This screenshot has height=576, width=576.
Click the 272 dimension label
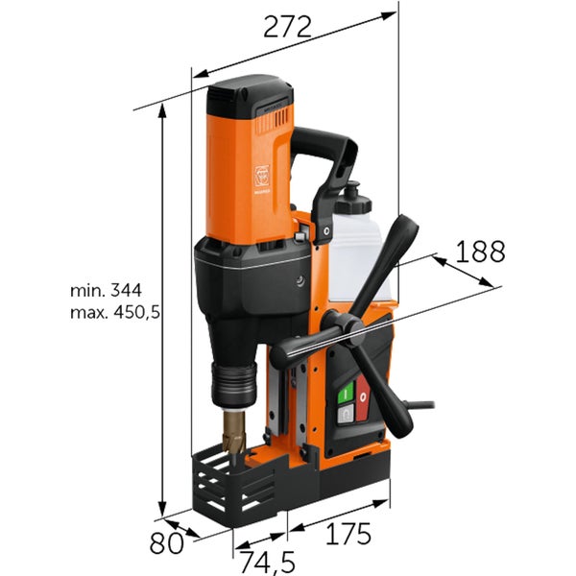pyautogui.click(x=287, y=27)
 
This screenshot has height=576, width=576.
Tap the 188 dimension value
pyautogui.click(x=480, y=252)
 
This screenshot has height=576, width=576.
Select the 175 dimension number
pyautogui.click(x=348, y=534)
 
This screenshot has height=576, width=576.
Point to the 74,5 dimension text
pyautogui.click(x=268, y=562)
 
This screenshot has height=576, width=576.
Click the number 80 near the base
pyautogui.click(x=166, y=542)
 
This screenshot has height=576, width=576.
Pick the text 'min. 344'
pyautogui.click(x=106, y=291)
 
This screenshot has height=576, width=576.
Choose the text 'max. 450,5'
pyautogui.click(x=115, y=313)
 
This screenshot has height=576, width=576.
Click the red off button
pyautogui.click(x=363, y=397)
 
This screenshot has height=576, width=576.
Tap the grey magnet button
pyautogui.click(x=346, y=414)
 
